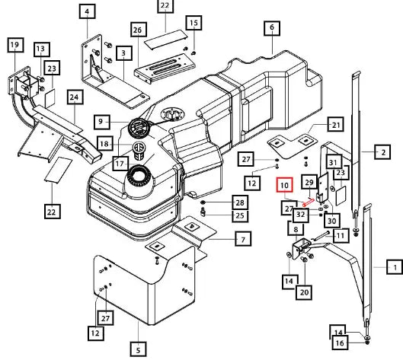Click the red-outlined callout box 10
tap(284, 185)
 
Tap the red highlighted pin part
tap(309, 202)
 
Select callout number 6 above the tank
tap(272, 27)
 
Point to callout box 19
tap(15, 45)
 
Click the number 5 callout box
tap(139, 349)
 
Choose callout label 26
tap(139, 30)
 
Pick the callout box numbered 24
tap(75, 97)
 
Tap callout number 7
tap(243, 239)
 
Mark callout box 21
tap(336, 125)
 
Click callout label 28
tap(240, 202)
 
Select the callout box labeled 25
tap(240, 215)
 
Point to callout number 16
tap(340, 342)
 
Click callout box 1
tap(395, 267)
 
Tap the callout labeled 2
tap(382, 152)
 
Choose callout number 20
tap(304, 292)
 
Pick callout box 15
tap(194, 23)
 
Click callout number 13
tap(42, 49)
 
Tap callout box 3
tap(124, 53)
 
